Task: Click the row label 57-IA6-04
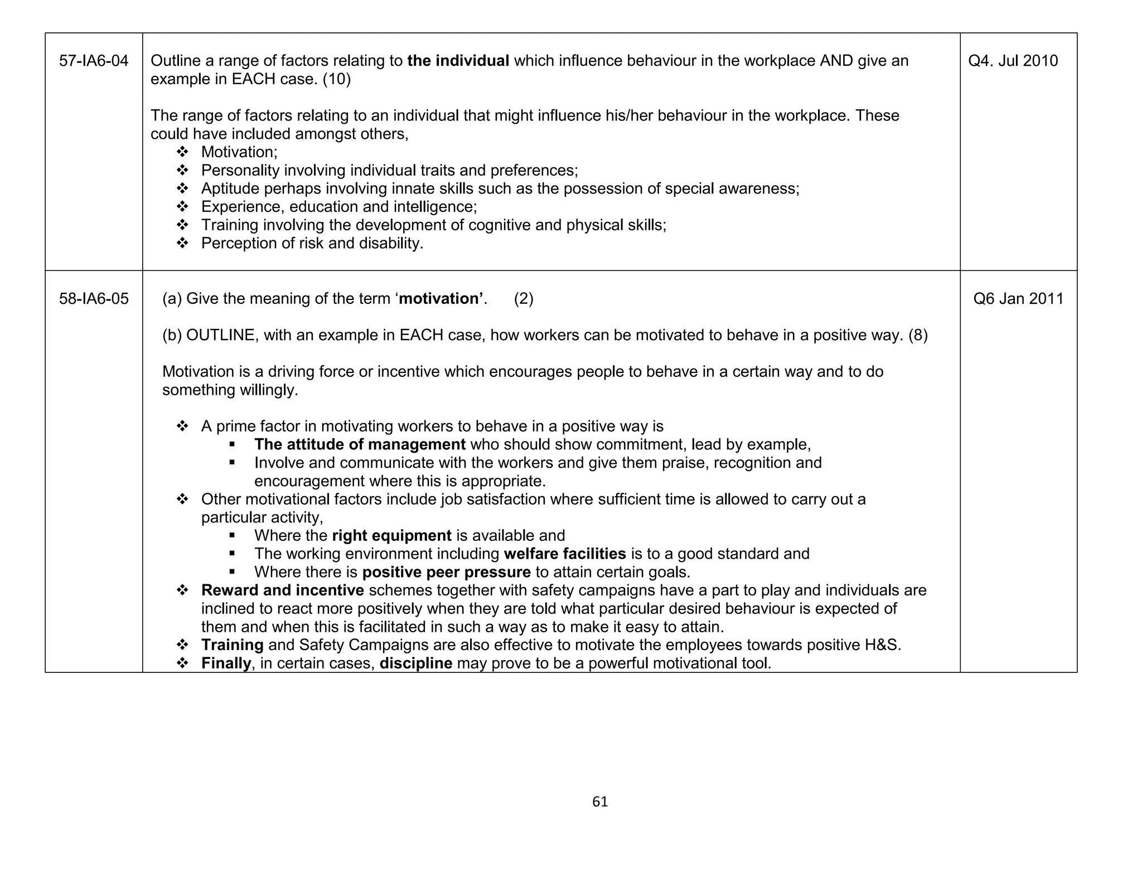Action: [x=94, y=61]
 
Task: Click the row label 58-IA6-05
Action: [x=94, y=299]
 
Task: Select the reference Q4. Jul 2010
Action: [x=1013, y=61]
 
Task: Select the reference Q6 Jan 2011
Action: [x=1018, y=299]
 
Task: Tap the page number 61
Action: [x=600, y=802]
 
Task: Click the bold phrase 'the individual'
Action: [x=458, y=61]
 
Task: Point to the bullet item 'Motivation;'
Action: [x=239, y=152]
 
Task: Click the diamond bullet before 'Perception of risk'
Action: [x=182, y=244]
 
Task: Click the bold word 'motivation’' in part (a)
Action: [x=443, y=299]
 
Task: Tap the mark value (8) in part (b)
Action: [x=918, y=336]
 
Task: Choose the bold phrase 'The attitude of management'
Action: [x=360, y=445]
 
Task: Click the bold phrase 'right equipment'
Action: [x=391, y=536]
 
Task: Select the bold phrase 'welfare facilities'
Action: [x=564, y=554]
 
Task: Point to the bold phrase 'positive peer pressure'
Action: [x=446, y=573]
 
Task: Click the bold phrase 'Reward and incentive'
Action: [x=282, y=590]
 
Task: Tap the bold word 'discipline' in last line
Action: [x=415, y=663]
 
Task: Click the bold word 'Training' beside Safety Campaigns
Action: [x=232, y=645]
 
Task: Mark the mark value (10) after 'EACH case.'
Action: [x=337, y=79]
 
